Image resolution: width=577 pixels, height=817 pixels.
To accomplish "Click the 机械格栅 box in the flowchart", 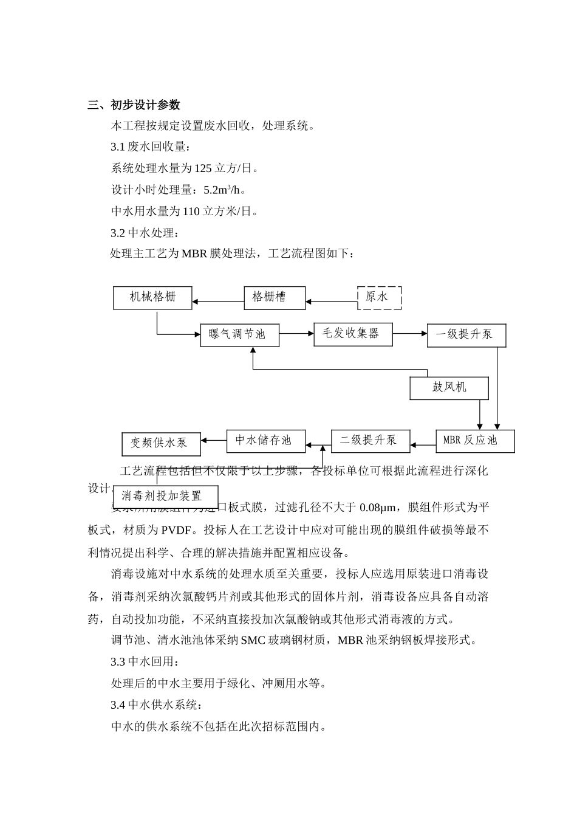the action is [152, 297].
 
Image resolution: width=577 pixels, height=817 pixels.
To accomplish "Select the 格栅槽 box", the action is [275, 297].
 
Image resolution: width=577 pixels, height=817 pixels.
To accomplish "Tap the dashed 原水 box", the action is [379, 297].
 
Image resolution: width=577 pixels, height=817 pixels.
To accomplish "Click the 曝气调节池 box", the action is [240, 334].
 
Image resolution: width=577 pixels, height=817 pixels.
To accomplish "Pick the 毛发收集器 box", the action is [353, 334].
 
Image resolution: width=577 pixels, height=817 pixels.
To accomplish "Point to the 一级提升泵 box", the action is [466, 335].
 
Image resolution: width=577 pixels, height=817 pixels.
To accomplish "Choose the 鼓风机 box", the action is [449, 388].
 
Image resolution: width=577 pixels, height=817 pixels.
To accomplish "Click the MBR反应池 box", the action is [475, 441].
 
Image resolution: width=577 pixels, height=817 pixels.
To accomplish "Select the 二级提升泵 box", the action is [370, 441].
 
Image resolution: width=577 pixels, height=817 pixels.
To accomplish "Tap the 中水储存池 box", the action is [266, 441].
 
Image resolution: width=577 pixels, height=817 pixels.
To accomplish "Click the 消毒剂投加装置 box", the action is [165, 496].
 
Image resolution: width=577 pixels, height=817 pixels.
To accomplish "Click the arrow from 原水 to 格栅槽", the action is [332, 301].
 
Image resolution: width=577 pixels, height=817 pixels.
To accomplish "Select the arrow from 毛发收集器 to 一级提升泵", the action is [410, 333].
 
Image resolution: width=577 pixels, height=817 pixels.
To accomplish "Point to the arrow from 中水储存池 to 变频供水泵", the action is [214, 440].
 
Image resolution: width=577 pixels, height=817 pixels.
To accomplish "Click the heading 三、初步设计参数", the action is [134, 105].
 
